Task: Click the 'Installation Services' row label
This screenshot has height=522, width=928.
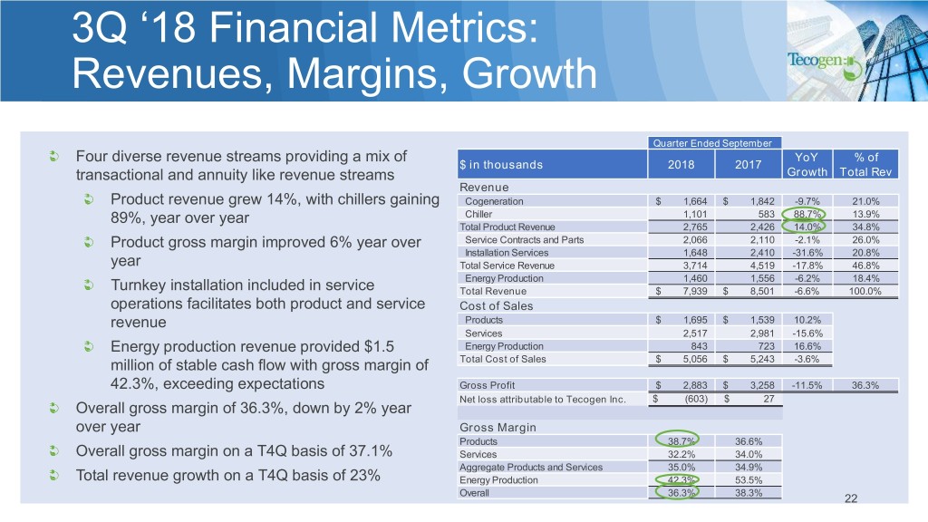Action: [500, 252]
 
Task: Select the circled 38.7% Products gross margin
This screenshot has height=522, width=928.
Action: [674, 441]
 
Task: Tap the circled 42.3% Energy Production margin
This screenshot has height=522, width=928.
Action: [674, 480]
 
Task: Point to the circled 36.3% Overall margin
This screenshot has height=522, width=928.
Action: [674, 493]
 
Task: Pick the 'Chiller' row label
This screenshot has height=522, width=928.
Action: [477, 214]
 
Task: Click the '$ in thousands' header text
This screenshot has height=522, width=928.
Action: [502, 164]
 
